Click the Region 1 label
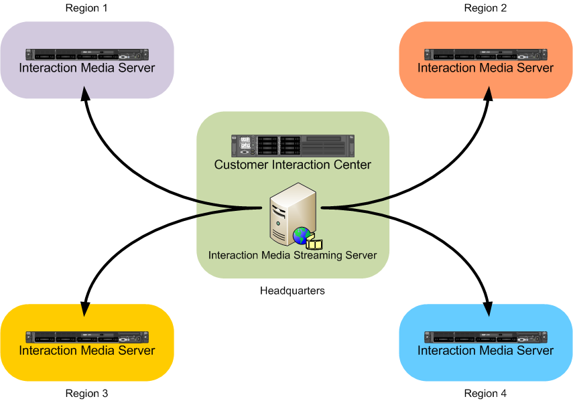click(86, 8)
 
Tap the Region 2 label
click(485, 8)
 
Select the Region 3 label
click(86, 393)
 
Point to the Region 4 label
click(485, 393)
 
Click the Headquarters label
click(292, 291)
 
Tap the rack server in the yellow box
click(86, 337)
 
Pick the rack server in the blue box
click(485, 337)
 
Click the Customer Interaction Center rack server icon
click(292, 145)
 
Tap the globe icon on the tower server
click(301, 235)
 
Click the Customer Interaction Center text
click(292, 165)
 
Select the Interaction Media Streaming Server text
click(292, 255)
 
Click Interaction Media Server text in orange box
click(485, 68)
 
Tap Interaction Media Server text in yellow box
click(86, 351)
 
